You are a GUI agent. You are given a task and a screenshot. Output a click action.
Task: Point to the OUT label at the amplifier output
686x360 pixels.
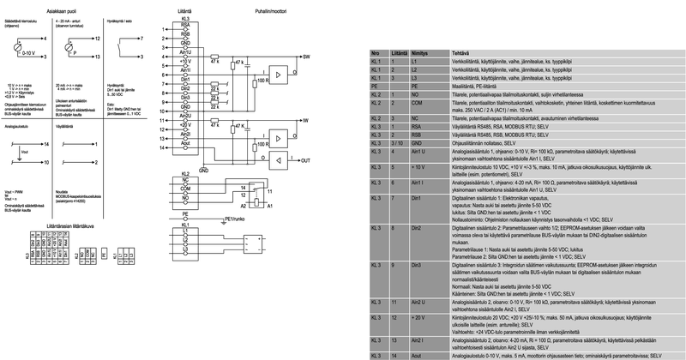point(306,159)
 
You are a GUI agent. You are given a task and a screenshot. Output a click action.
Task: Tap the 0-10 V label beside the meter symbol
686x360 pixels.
point(29,53)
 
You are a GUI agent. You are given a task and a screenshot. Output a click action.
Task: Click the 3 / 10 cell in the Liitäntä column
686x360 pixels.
point(395,142)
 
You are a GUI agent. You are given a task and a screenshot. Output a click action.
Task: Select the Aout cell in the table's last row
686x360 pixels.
point(418,354)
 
